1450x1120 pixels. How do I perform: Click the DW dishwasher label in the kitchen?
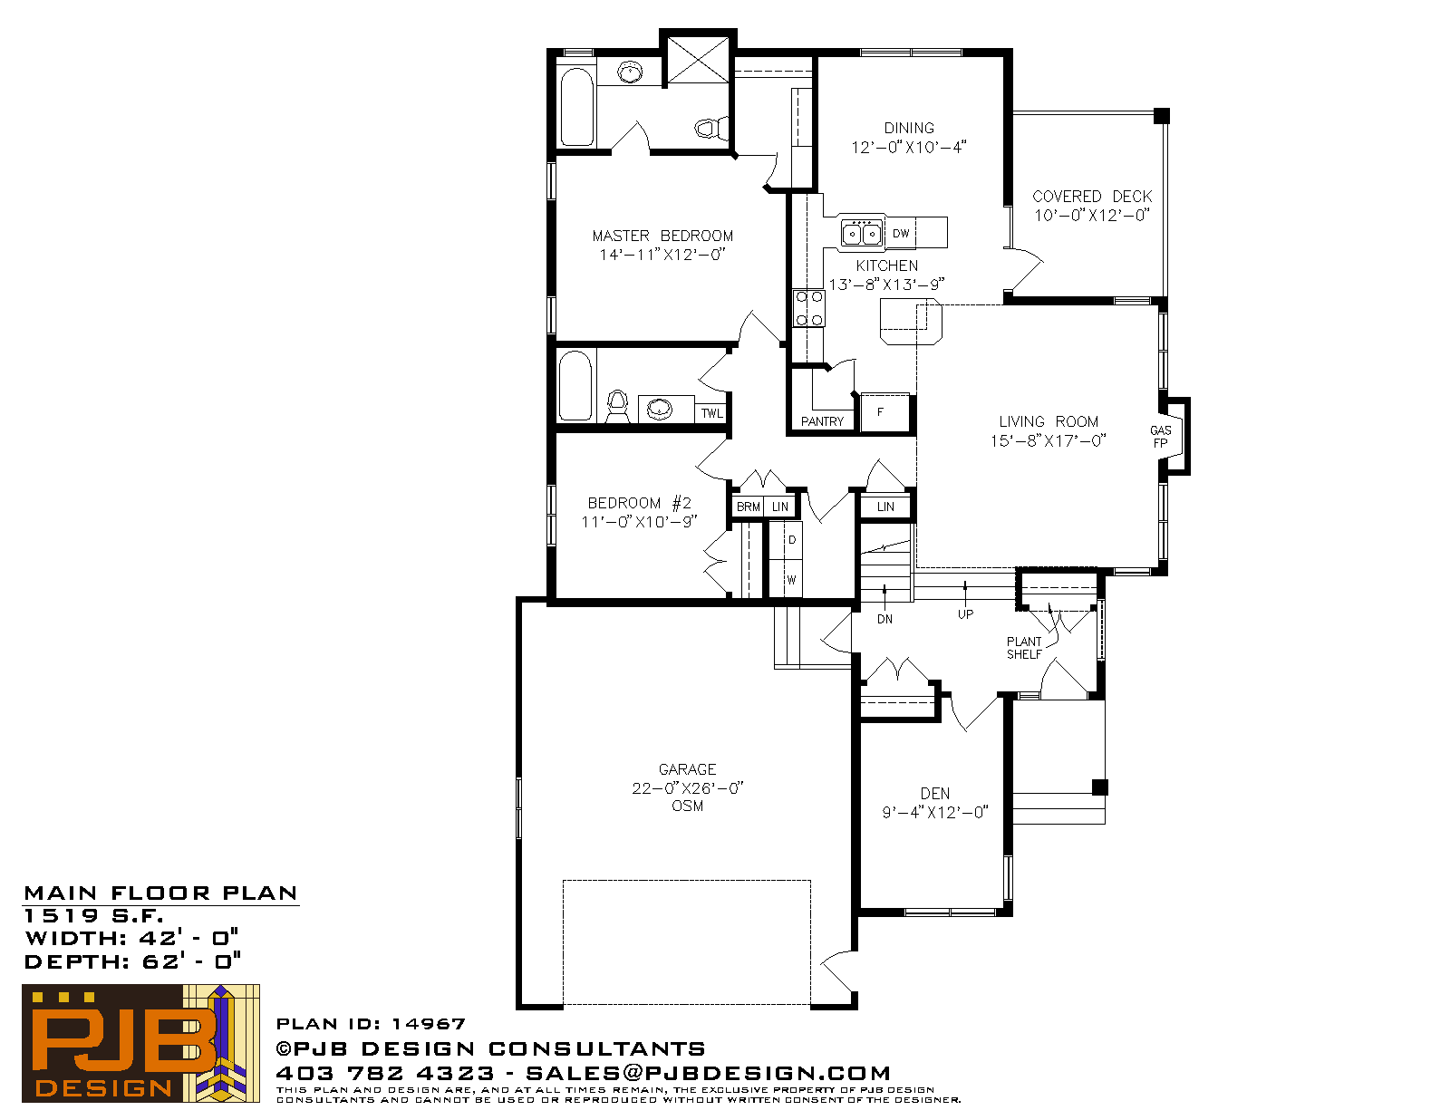point(901,234)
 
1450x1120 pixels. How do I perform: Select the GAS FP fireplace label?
point(1160,437)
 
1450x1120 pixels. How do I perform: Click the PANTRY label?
point(822,421)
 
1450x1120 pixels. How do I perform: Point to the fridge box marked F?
point(884,413)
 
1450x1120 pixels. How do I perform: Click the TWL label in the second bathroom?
point(712,413)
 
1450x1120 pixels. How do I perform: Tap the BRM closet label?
point(748,507)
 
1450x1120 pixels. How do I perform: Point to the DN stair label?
point(884,619)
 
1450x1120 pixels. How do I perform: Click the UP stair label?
point(965,614)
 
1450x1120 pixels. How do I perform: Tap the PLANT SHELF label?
point(1024,648)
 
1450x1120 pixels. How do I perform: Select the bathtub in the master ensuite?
point(577,107)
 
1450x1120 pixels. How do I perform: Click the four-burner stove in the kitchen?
point(808,308)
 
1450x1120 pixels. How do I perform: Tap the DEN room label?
point(935,794)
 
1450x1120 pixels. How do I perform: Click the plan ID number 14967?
point(429,1024)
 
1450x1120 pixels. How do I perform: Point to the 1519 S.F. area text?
point(93,915)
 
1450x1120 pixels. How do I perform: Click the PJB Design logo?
point(140,1043)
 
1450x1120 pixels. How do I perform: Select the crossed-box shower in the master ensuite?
point(698,60)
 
